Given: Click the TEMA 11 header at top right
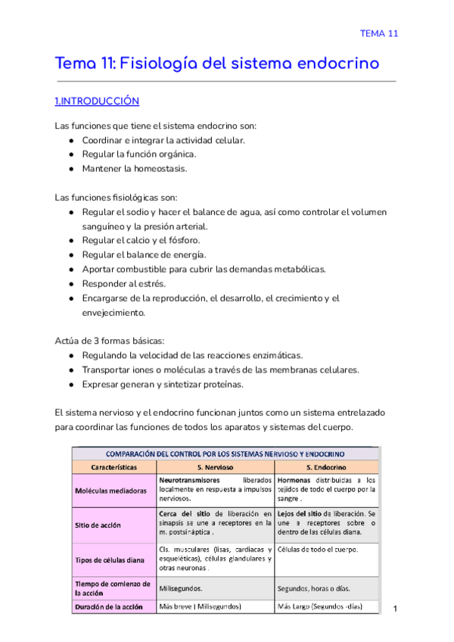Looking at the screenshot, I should (x=378, y=33).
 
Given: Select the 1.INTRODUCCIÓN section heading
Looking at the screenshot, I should (x=98, y=101).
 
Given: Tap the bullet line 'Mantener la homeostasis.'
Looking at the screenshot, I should (x=134, y=168).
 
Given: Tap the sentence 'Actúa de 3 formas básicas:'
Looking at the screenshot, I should (x=113, y=340).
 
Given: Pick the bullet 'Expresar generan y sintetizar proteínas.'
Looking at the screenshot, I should (x=163, y=384).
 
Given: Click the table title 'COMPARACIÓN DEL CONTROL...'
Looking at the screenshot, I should (x=225, y=453).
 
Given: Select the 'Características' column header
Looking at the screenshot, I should (x=113, y=467).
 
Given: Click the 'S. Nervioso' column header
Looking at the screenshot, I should (x=215, y=467).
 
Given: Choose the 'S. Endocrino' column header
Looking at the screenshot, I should (x=326, y=467).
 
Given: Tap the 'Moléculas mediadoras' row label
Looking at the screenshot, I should (x=110, y=490).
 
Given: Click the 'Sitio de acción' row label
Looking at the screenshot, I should (x=98, y=523).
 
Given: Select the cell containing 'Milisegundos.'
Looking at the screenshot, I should (x=181, y=588).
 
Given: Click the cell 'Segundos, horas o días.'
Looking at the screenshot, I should (x=314, y=588).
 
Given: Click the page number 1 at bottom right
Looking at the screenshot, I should (x=396, y=608).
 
